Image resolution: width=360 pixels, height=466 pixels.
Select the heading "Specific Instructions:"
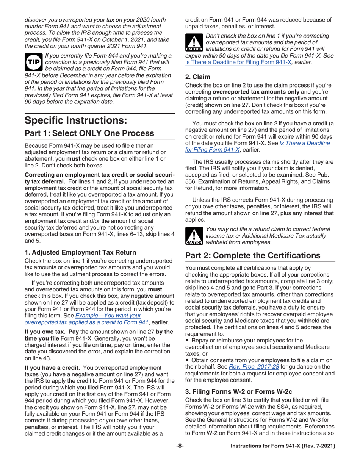(x=73, y=121)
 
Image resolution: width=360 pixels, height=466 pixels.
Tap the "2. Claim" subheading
(x=195, y=77)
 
